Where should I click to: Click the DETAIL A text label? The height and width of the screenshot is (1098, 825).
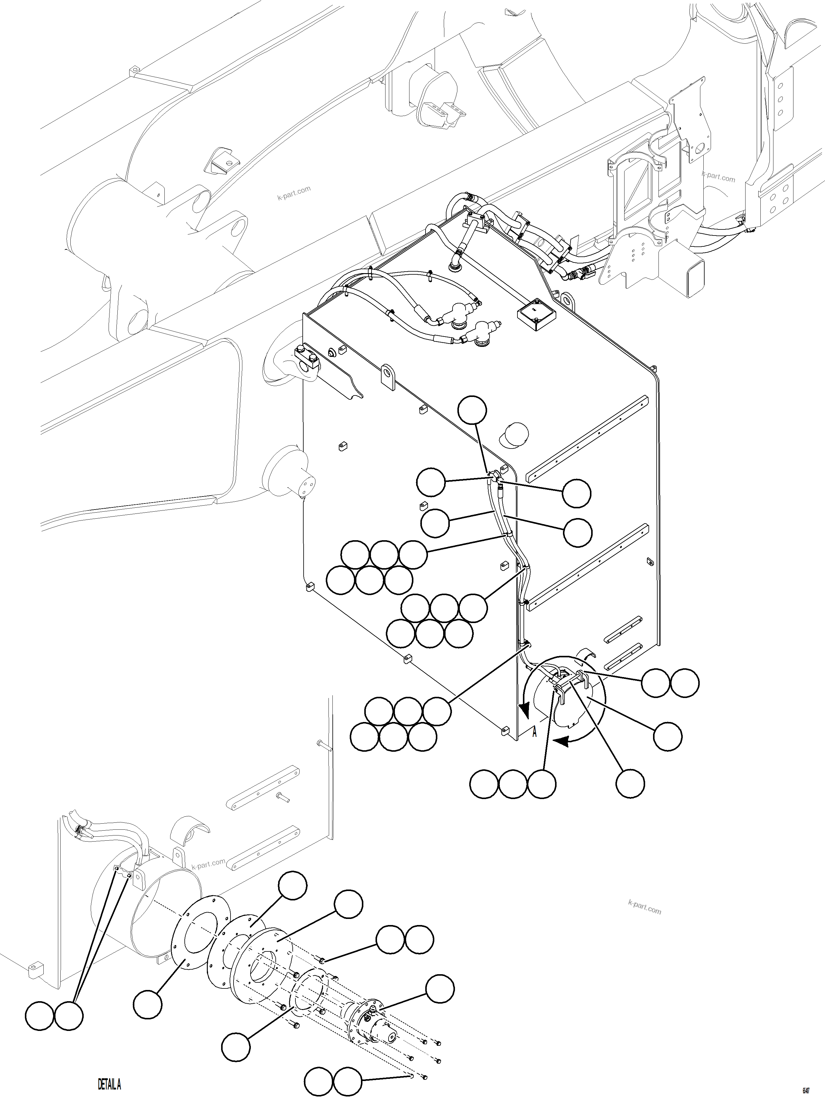109,1084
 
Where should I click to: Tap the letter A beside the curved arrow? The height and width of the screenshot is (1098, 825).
534,732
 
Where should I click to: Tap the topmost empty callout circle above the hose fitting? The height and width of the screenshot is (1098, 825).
472,410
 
